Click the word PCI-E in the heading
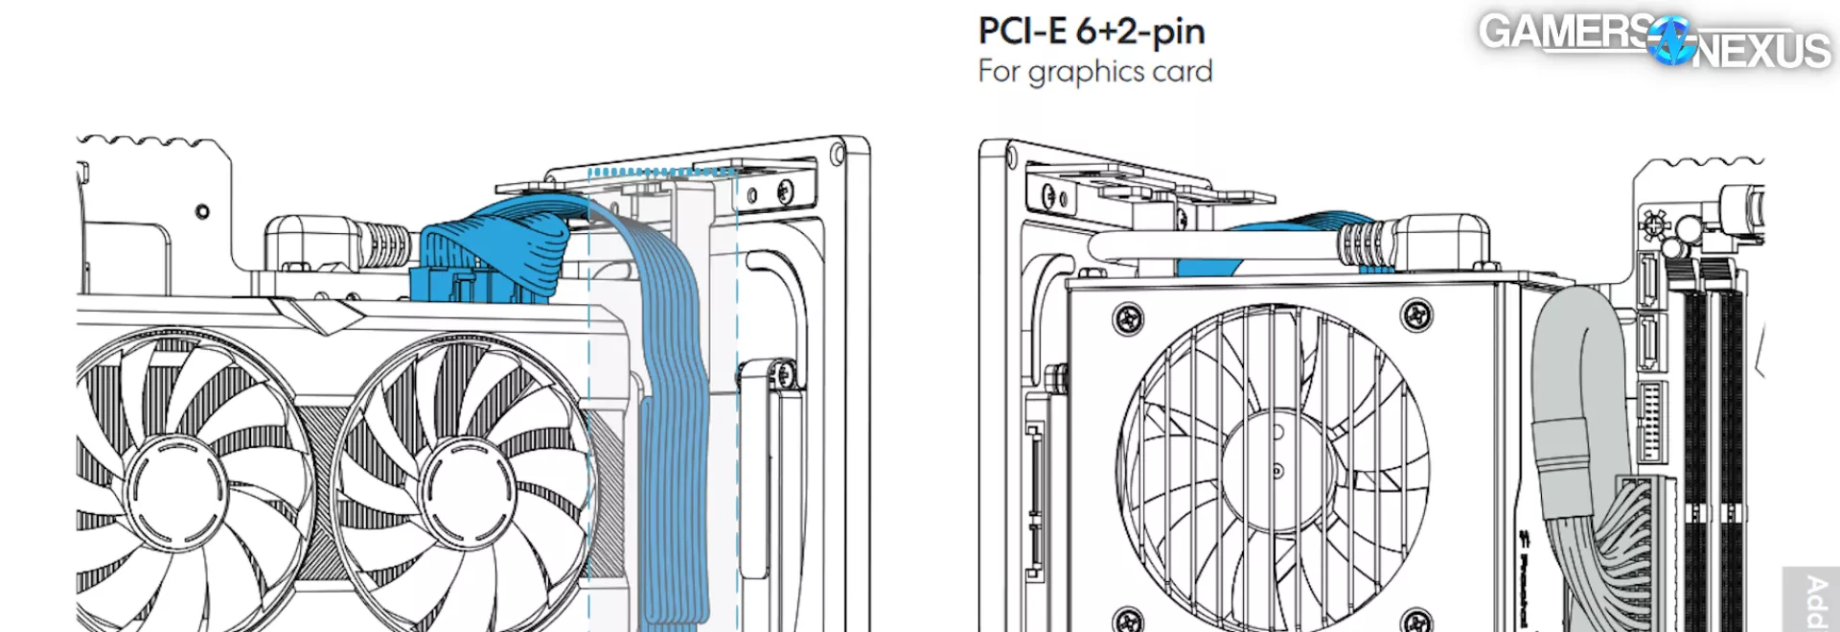(1022, 32)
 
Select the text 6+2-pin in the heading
(1140, 33)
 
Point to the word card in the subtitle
(1182, 72)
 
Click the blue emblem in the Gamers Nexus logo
(1672, 41)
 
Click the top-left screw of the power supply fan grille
(1128, 316)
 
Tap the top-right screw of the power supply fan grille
(1415, 313)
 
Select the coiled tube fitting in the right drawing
(1362, 244)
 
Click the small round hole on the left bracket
(202, 211)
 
